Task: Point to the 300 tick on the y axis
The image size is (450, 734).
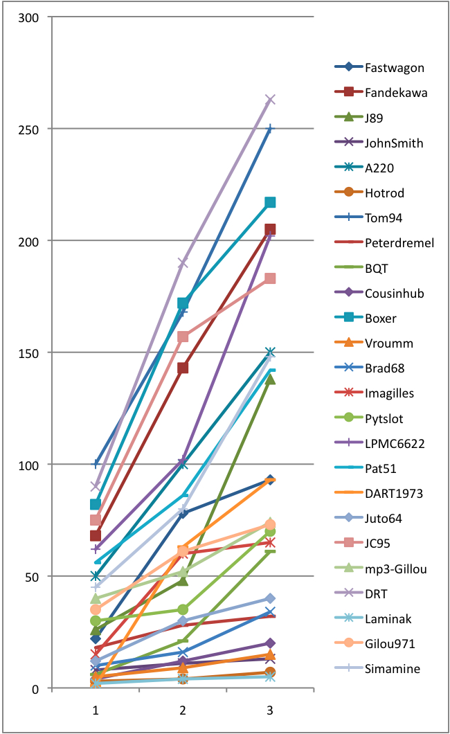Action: point(28,18)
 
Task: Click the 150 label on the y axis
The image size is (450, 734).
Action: point(28,353)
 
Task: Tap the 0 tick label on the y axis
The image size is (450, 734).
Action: point(35,689)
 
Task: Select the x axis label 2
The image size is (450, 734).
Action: point(183,710)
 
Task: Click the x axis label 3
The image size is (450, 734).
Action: point(270,710)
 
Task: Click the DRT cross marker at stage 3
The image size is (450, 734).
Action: point(270,100)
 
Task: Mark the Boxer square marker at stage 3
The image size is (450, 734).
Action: point(270,202)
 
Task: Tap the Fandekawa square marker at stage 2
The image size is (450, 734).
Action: point(183,368)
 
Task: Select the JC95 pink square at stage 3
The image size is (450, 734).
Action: point(270,278)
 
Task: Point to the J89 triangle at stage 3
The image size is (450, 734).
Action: point(270,379)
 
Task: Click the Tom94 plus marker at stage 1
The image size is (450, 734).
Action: point(96,464)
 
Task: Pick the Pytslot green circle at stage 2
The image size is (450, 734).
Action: point(183,609)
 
